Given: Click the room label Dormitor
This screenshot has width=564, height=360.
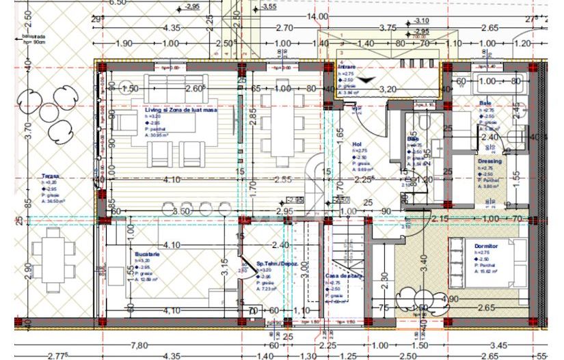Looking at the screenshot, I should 486,245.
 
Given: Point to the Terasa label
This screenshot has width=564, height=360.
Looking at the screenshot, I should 51,176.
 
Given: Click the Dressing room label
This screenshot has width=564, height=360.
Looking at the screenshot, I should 489,161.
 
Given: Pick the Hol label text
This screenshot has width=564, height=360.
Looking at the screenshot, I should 356,145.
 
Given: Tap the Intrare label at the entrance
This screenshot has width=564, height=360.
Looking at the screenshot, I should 347,67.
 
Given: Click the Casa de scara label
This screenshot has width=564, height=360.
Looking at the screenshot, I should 343,276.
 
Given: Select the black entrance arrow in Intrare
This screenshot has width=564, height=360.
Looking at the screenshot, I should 367,80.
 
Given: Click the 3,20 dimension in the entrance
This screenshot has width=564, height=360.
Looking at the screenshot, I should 388,89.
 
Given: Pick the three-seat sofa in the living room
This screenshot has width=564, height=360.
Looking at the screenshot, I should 177,81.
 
